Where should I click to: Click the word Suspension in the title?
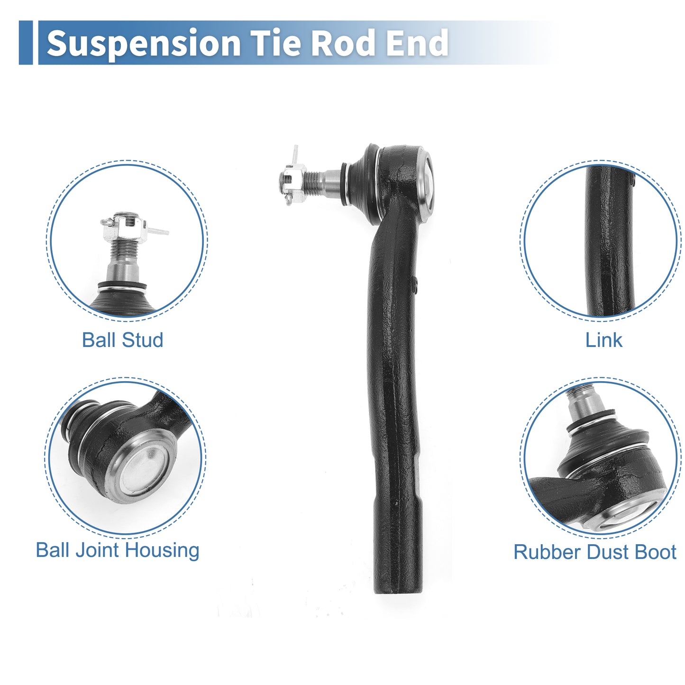pyautogui.click(x=144, y=43)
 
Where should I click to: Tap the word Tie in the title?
pyautogui.click(x=276, y=43)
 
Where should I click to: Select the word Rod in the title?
pyautogui.click(x=343, y=43)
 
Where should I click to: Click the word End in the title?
pyautogui.click(x=417, y=43)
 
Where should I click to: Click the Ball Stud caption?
pyautogui.click(x=123, y=340)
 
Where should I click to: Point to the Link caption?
pyautogui.click(x=603, y=340)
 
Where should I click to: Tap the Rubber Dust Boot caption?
pyautogui.click(x=595, y=552)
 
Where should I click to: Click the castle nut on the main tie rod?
pyautogui.click(x=293, y=184)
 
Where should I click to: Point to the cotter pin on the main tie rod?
pyautogui.click(x=294, y=156)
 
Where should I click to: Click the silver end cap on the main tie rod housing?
pyautogui.click(x=425, y=185)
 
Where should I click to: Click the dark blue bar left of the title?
pyautogui.click(x=26, y=43)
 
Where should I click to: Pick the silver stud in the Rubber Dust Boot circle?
pyautogui.click(x=586, y=403)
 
